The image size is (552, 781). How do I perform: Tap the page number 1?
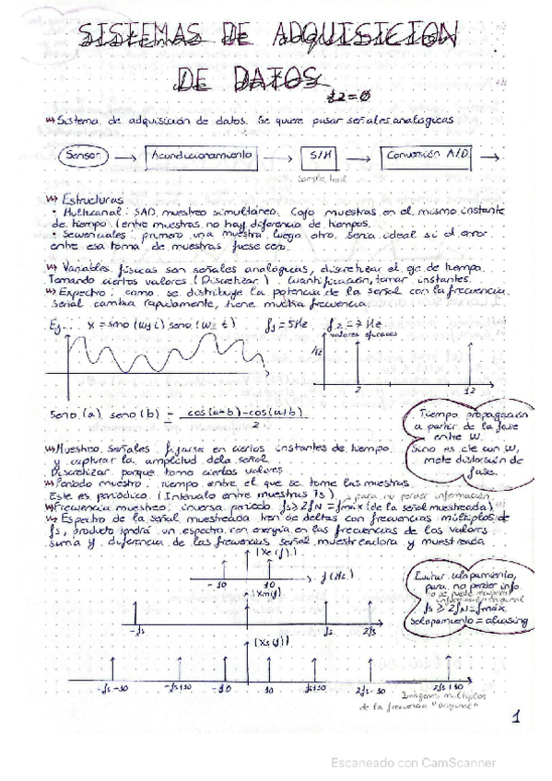[x=517, y=716]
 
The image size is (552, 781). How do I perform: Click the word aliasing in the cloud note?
[x=504, y=621]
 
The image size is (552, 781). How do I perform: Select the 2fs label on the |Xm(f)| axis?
[x=370, y=630]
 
